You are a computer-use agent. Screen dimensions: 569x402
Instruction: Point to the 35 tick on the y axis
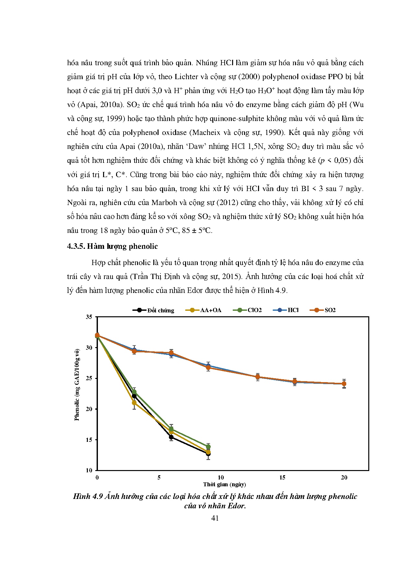tap(89, 317)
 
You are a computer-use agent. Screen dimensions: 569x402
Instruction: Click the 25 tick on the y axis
tap(89, 378)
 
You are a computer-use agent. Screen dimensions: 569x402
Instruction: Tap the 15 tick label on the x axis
tap(282, 478)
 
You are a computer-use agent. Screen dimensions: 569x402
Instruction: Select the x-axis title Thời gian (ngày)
tap(224, 485)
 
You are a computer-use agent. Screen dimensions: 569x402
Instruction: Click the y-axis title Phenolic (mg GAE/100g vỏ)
tap(77, 385)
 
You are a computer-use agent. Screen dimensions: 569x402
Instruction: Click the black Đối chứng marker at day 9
tap(208, 454)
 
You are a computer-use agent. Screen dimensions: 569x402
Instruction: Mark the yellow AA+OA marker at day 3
tap(134, 403)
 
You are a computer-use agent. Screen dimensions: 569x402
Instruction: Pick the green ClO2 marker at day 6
tap(171, 429)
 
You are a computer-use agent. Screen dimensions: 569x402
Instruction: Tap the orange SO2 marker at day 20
tap(344, 384)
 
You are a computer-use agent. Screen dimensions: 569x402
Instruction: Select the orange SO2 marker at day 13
tap(258, 377)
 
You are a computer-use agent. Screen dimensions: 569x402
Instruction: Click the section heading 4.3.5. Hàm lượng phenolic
tap(112, 247)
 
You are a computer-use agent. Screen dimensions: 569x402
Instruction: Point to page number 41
tap(215, 518)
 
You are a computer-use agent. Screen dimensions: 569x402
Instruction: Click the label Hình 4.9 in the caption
tap(88, 497)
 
